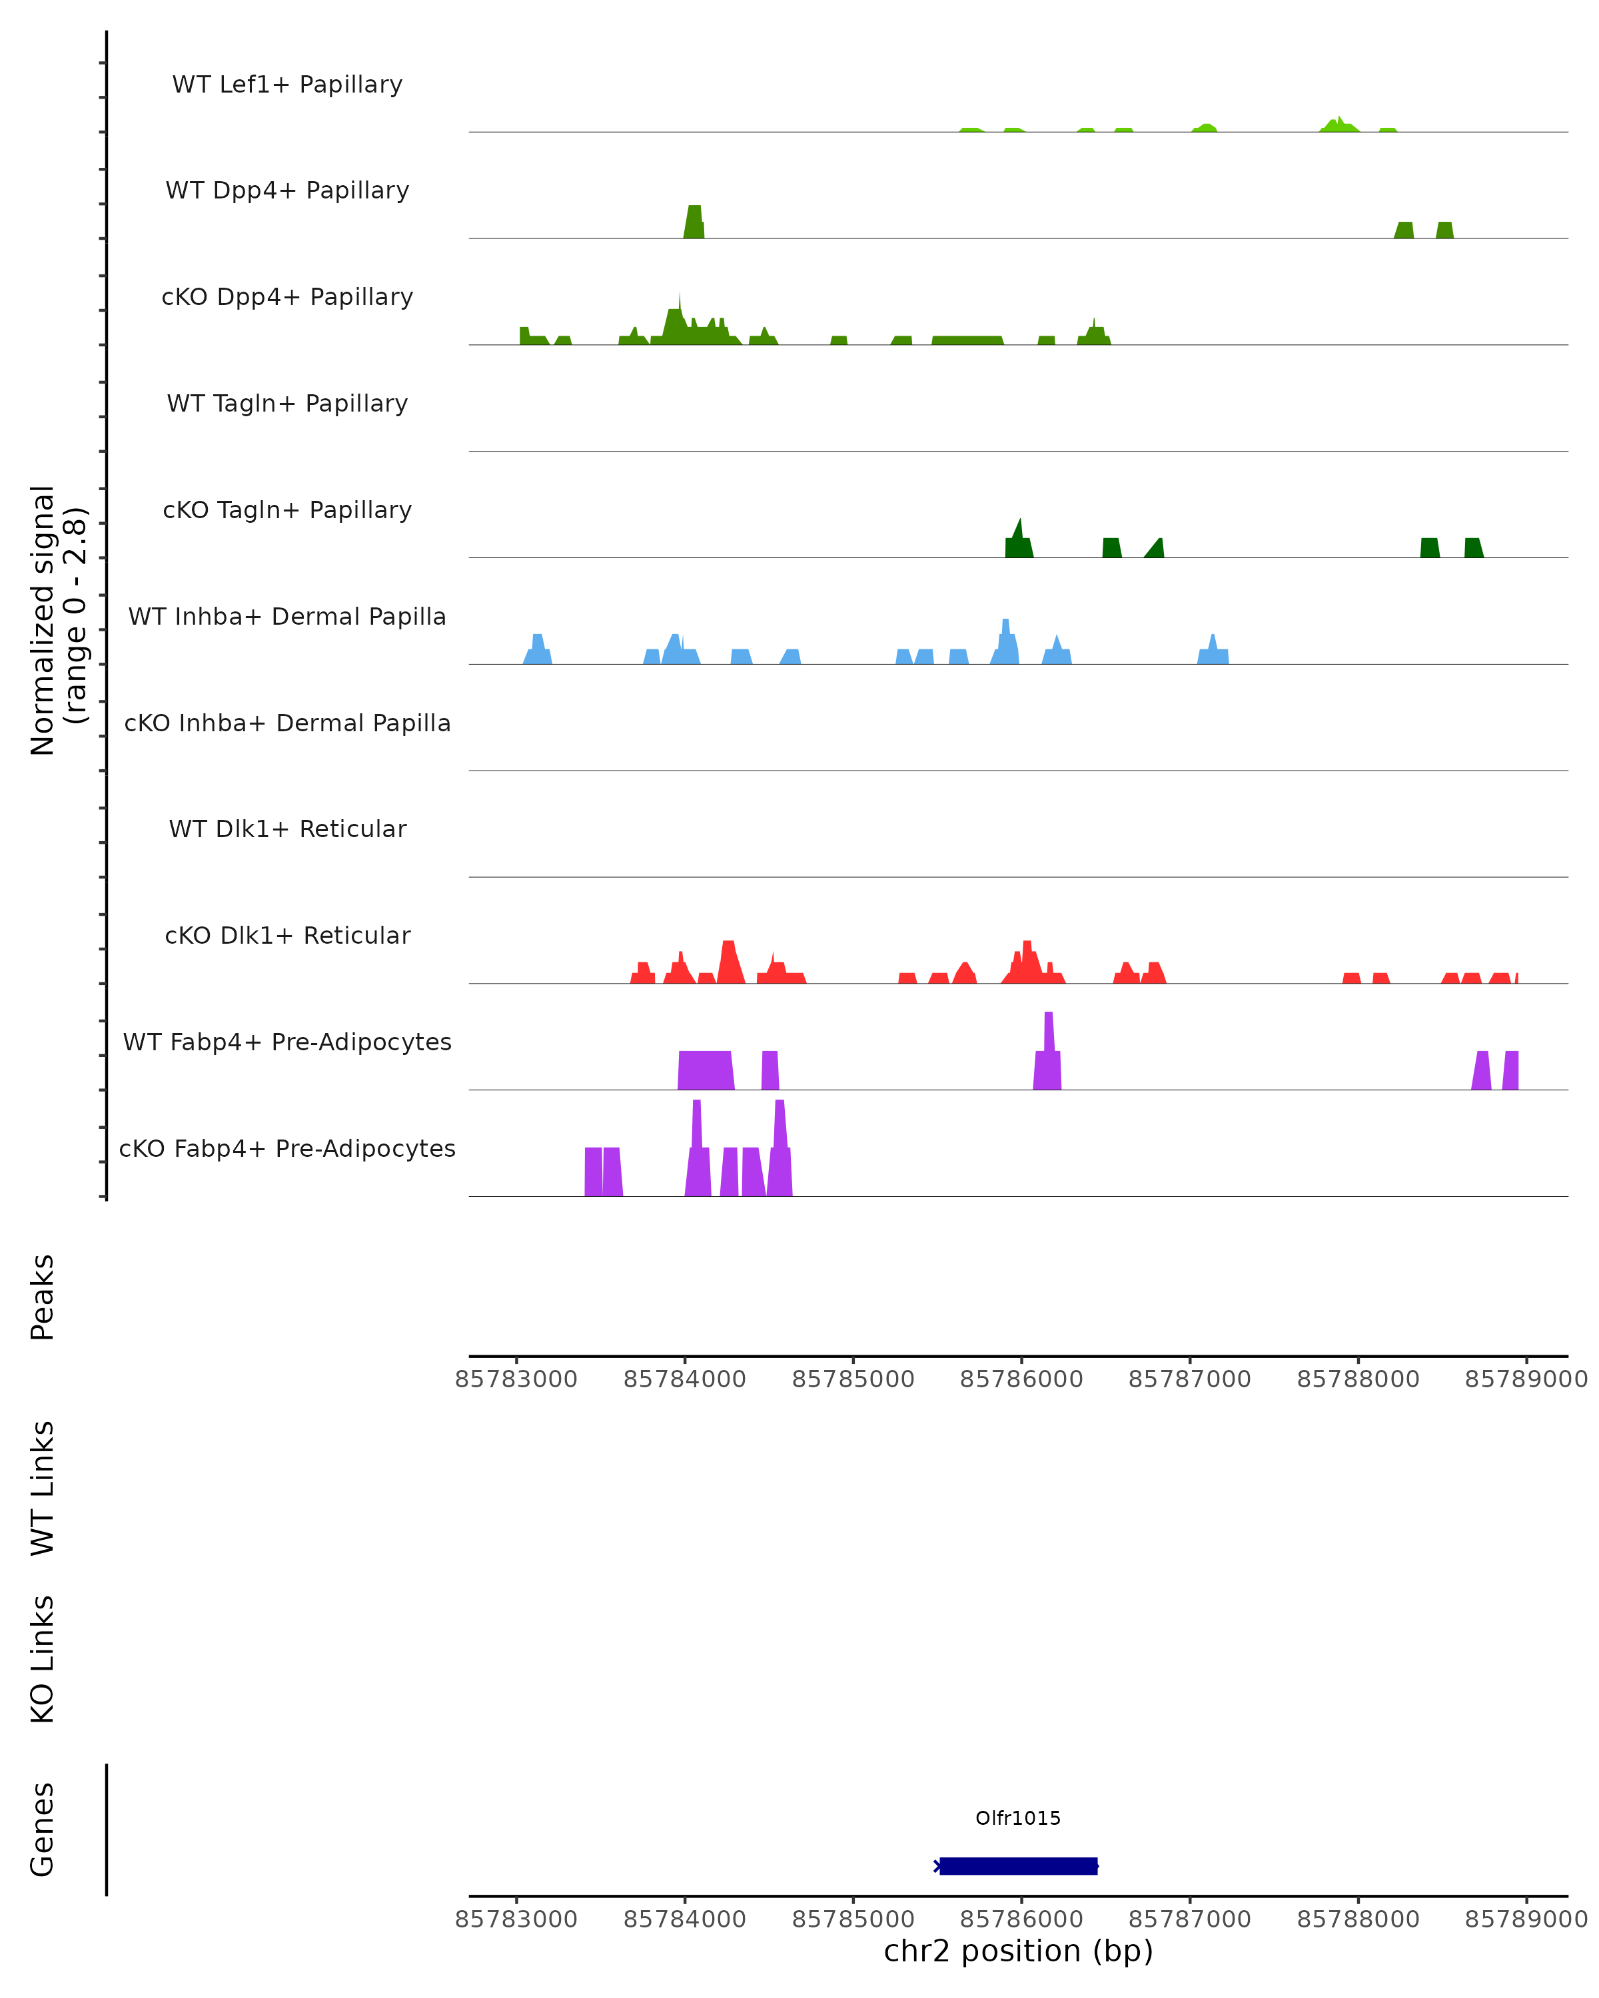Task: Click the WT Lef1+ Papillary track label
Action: [x=287, y=85]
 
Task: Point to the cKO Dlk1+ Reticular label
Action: [x=287, y=935]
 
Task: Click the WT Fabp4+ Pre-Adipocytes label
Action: [x=287, y=1042]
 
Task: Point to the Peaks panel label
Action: [x=43, y=1297]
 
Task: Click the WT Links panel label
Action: [x=43, y=1487]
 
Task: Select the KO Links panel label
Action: [x=43, y=1659]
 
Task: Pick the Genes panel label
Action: [x=43, y=1830]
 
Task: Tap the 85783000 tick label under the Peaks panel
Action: [x=516, y=1379]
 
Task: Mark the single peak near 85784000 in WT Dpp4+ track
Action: [x=694, y=222]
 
